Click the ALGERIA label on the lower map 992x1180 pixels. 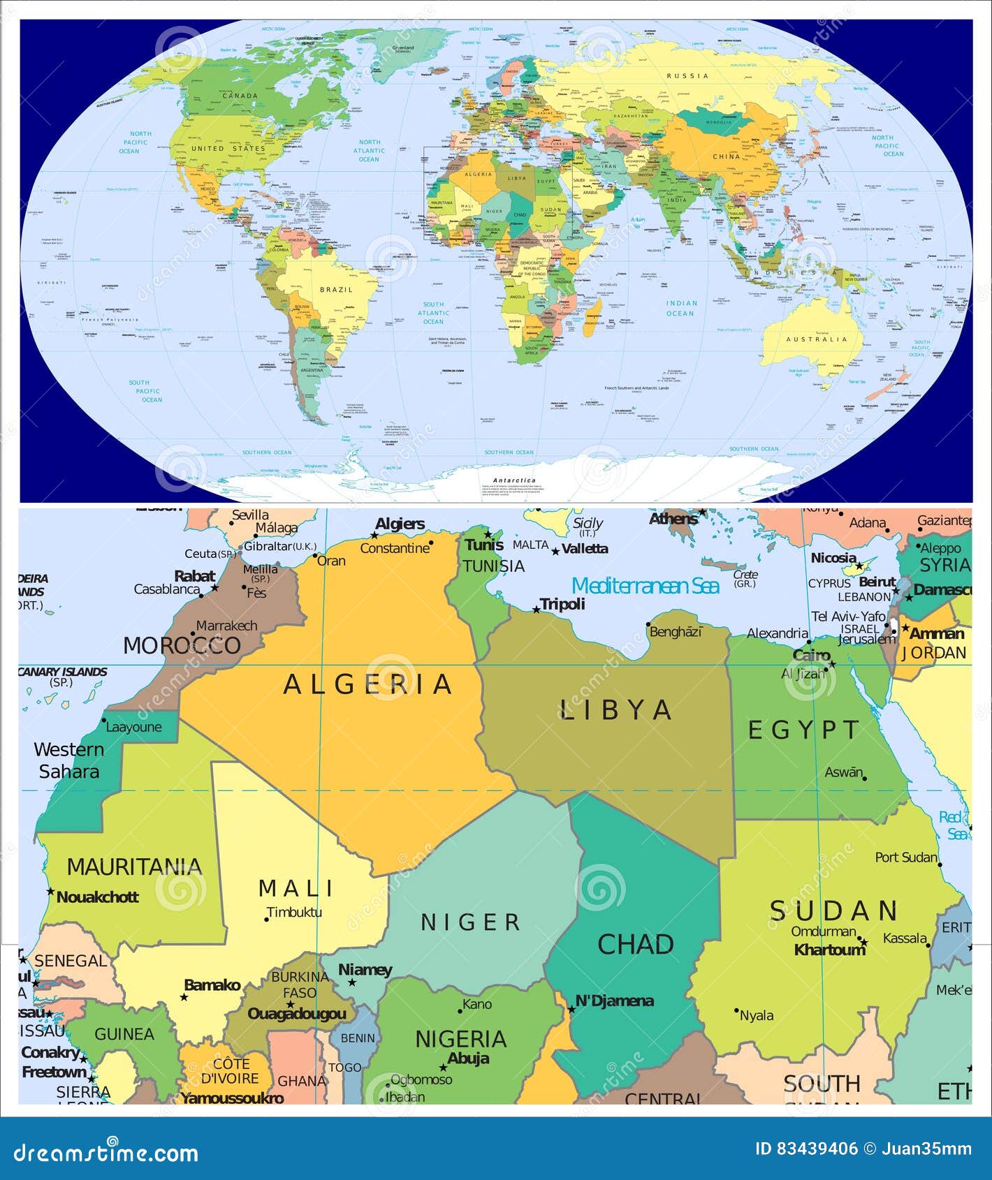click(367, 684)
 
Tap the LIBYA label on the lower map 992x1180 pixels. click(615, 710)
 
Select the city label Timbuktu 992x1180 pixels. click(294, 912)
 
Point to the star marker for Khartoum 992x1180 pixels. click(863, 942)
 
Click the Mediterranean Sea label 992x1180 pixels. click(645, 586)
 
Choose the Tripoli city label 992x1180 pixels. click(562, 604)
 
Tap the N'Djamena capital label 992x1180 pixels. click(614, 1001)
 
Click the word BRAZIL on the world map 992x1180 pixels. click(336, 290)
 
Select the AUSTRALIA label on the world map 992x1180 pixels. click(816, 339)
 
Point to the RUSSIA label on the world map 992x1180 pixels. click(687, 75)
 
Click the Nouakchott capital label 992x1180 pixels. click(97, 897)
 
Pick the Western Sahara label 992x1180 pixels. click(68, 760)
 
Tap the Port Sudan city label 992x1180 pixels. click(906, 857)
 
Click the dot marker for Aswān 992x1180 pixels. click(865, 779)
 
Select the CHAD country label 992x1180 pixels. click(635, 944)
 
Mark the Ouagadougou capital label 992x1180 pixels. click(297, 1014)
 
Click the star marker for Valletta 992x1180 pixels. click(555, 552)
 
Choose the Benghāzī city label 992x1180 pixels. click(676, 632)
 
